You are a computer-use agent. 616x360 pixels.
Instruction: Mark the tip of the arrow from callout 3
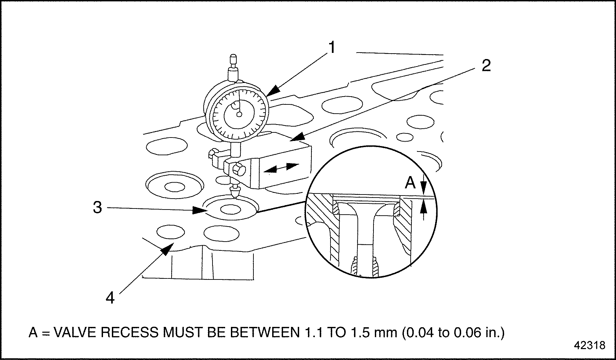[x=208, y=210]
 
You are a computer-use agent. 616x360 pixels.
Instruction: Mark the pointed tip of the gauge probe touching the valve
[x=235, y=198]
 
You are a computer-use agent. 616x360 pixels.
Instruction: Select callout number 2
[x=486, y=66]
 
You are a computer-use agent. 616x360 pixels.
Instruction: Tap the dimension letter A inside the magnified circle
[x=410, y=183]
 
